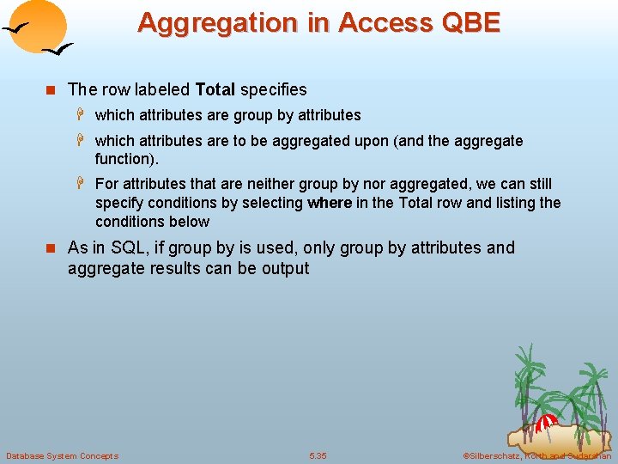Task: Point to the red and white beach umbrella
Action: click(546, 423)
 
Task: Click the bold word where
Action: click(329, 203)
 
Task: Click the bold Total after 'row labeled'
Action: click(215, 89)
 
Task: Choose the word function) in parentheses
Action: click(127, 159)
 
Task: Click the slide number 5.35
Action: click(318, 455)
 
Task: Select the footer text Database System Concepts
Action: click(62, 455)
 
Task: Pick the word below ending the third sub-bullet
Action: click(190, 222)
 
